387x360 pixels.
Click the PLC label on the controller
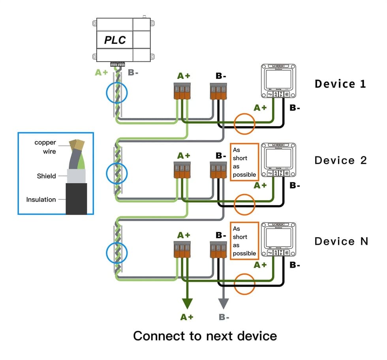click(115, 40)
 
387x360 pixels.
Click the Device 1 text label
click(340, 84)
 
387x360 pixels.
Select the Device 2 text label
click(340, 160)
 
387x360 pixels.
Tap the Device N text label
click(341, 241)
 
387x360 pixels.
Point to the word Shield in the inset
click(46, 176)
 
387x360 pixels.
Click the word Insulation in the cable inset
click(41, 199)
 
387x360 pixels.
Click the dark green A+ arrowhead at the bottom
click(187, 304)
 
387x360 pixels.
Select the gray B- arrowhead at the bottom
click(224, 304)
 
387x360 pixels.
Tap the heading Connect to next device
click(205, 336)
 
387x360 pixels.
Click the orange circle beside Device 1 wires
click(244, 124)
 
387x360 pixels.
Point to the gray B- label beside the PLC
click(133, 73)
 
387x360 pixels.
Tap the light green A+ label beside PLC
click(101, 73)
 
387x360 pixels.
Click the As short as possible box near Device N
click(244, 241)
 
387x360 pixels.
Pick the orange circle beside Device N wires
click(244, 283)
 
